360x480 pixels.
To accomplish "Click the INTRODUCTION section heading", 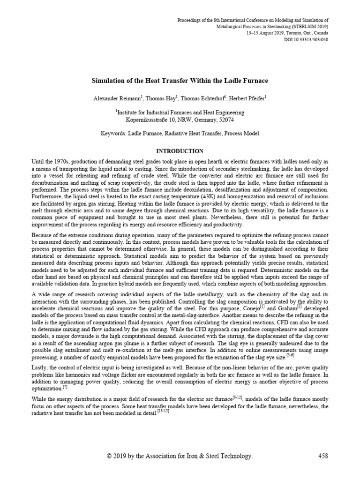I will click(180, 151).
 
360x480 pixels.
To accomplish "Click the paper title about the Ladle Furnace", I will click(180, 81).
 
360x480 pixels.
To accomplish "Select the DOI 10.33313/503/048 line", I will click(306, 39).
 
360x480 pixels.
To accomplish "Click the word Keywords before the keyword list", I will click(115, 134).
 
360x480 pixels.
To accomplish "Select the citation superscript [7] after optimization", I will click(65, 387).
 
